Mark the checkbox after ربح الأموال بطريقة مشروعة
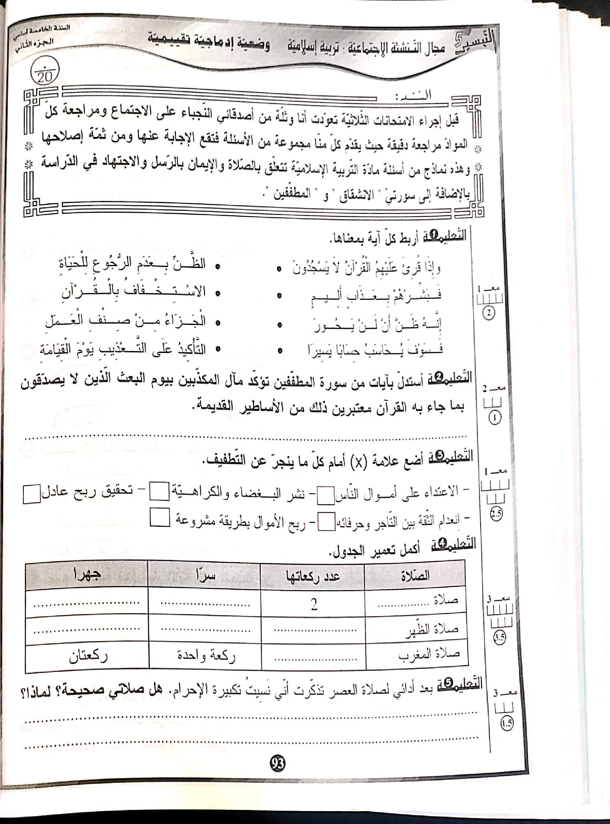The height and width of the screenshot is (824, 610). tap(160, 517)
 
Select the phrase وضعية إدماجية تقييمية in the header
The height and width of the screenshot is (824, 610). tap(209, 45)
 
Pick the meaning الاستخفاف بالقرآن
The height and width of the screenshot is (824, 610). tap(133, 292)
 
